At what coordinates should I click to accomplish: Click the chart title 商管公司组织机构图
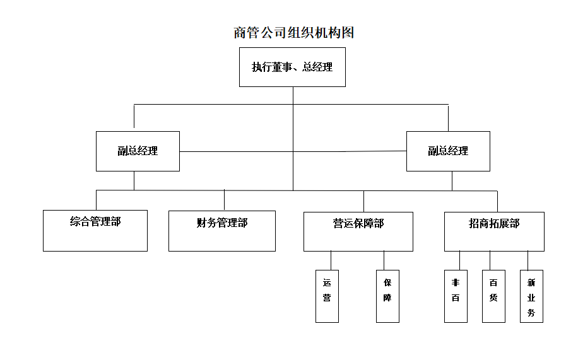coord(293,33)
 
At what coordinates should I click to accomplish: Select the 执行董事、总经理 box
coord(292,67)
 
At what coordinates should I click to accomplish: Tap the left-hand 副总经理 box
coord(138,151)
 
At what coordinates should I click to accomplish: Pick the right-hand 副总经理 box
coord(448,151)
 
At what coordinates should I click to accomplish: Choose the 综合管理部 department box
coord(95,231)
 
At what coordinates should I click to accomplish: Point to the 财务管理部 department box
coord(222,231)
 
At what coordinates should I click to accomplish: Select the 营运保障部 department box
coord(358,231)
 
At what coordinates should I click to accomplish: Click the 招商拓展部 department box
coord(494,231)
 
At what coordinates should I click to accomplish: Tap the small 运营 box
coord(327,296)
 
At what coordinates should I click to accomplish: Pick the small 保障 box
coord(387,296)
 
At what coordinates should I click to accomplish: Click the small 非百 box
coord(456,296)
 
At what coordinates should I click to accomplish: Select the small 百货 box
coord(493,296)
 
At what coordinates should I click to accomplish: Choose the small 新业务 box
coord(531,296)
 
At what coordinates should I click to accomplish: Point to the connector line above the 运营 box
coord(331,260)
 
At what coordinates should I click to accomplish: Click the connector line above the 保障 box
coord(384,260)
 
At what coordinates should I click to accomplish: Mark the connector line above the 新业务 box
coord(528,260)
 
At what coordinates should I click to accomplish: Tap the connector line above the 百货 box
coord(490,260)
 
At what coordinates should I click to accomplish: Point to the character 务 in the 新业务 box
coord(531,313)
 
